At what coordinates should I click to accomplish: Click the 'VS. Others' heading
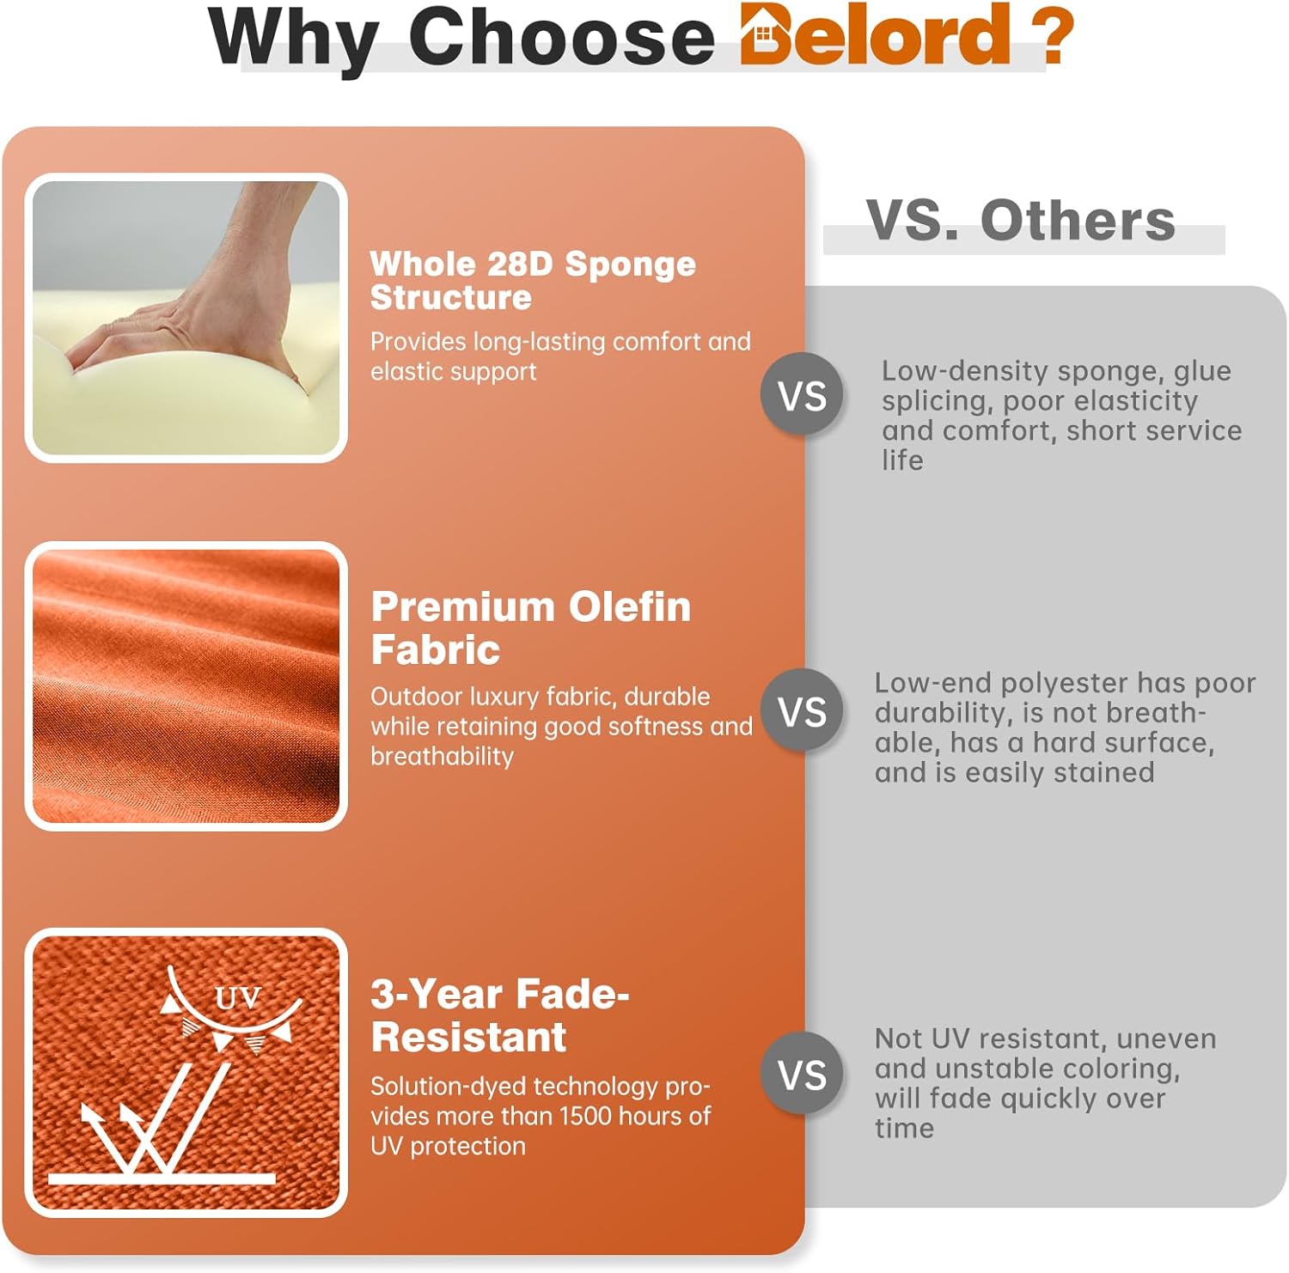(x=1020, y=220)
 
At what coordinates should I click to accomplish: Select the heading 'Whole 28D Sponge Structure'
(x=533, y=281)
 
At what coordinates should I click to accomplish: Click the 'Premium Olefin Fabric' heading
(x=531, y=628)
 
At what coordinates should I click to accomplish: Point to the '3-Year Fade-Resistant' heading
(x=500, y=1015)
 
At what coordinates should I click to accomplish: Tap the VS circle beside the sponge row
(x=803, y=395)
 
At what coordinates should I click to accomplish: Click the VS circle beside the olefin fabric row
(x=803, y=711)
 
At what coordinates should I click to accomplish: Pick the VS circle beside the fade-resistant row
(x=803, y=1075)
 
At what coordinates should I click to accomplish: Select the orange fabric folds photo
(x=186, y=685)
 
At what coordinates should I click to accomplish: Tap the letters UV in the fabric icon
(x=237, y=998)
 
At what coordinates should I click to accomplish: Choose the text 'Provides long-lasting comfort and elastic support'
(x=560, y=356)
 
